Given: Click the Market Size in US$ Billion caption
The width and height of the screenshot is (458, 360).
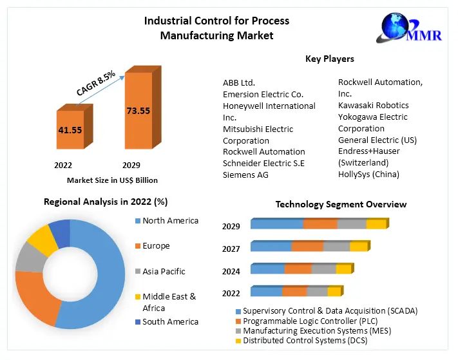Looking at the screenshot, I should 112,180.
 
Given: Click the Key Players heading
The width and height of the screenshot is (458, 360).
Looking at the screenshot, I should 329,59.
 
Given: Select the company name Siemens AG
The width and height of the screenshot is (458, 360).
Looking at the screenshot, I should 245,175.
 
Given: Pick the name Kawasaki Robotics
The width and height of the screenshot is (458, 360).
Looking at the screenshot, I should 373,105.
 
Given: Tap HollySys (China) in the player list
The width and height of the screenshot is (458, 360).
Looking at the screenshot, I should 368,174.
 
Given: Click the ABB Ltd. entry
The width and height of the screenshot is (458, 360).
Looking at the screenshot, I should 239,82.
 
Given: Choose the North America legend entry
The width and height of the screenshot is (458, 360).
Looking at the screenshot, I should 170,221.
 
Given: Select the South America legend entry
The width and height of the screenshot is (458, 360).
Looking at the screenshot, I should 170,321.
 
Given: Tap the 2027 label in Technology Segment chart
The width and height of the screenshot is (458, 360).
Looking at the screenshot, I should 231,249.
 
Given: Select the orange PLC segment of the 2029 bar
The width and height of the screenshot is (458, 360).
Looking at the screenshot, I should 320,224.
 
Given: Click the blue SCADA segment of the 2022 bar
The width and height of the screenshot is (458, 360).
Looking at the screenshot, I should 266,292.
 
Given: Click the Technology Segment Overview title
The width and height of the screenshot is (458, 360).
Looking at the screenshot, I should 341,204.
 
